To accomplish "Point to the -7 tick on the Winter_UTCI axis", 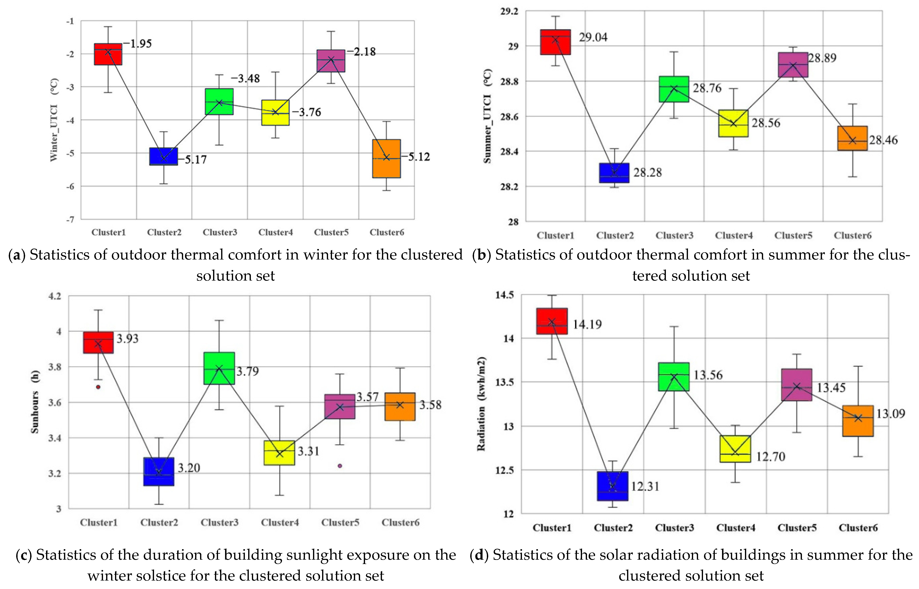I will (x=70, y=219).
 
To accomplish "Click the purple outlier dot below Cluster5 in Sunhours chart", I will (x=340, y=466).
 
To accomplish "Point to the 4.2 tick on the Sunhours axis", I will (x=54, y=296).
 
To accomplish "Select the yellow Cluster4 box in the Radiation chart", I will (x=735, y=449).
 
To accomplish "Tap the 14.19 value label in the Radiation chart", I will (x=587, y=324).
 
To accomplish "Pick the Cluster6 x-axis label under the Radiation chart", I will (x=858, y=528).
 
